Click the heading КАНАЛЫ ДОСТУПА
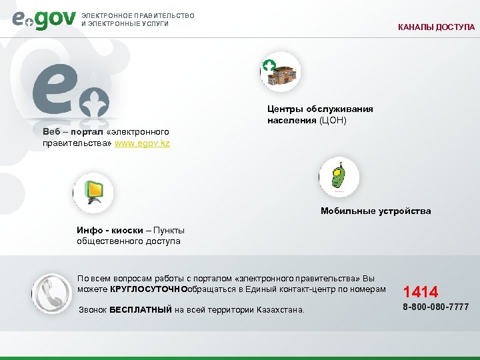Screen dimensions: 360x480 pos(437,27)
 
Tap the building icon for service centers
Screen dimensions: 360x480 pos(281,73)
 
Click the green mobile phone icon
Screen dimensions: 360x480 pos(339,177)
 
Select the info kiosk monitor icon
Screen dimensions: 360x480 pos(93,193)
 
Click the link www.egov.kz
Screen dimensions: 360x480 pos(142,143)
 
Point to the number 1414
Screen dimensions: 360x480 pos(421,291)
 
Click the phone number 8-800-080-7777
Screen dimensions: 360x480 pos(435,307)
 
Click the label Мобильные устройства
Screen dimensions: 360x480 pos(375,211)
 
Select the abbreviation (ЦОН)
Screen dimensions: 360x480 pos(333,121)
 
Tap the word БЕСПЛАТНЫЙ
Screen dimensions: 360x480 pos(141,309)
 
